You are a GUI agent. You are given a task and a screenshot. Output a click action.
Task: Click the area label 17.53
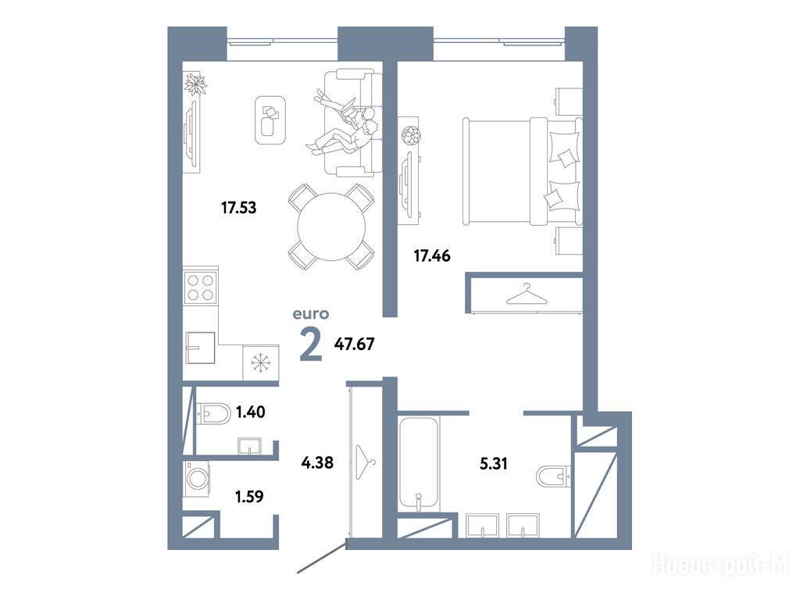tap(238, 208)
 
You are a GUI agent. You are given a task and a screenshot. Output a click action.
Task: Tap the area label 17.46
tap(431, 255)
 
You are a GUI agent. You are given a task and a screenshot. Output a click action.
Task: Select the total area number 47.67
tap(354, 344)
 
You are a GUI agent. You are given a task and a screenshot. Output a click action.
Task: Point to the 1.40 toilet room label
tap(250, 412)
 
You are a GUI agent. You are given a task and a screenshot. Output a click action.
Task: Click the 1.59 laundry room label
tap(249, 496)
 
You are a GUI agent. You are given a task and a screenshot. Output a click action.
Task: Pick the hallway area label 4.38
tap(317, 462)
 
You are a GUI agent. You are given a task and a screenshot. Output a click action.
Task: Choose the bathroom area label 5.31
tap(494, 464)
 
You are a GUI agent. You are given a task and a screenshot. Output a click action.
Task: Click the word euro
tap(311, 314)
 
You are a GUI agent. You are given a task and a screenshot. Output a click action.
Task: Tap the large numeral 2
tap(311, 345)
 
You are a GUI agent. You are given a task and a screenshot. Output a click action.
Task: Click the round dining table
tap(331, 227)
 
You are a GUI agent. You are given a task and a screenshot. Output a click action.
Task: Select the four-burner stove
tap(201, 287)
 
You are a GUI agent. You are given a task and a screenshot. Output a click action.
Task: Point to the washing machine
tap(196, 479)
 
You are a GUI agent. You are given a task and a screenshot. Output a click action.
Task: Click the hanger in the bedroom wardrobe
tap(526, 295)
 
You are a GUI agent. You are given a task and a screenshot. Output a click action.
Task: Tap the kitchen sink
tap(199, 347)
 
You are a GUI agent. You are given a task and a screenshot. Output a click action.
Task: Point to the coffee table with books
tap(270, 120)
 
